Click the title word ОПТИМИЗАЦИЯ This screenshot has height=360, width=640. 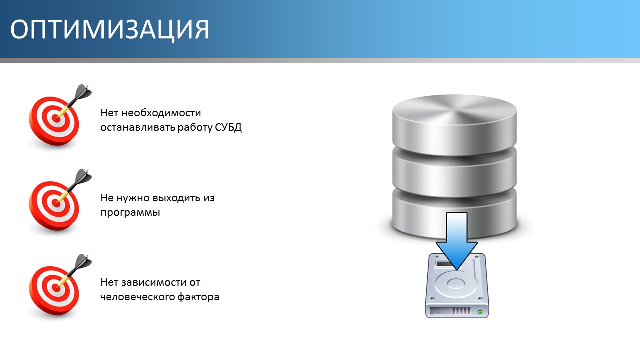point(110,30)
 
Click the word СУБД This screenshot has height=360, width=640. point(228,127)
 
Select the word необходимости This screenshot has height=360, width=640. point(161,113)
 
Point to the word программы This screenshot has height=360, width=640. point(130,213)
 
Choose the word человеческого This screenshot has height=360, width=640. point(137,297)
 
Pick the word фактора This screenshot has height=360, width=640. point(198,297)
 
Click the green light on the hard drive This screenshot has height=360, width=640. point(480,312)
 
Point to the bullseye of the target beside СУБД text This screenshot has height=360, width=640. point(56,118)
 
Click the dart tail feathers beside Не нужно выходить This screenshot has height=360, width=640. point(83,176)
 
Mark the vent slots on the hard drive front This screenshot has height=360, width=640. point(461,311)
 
